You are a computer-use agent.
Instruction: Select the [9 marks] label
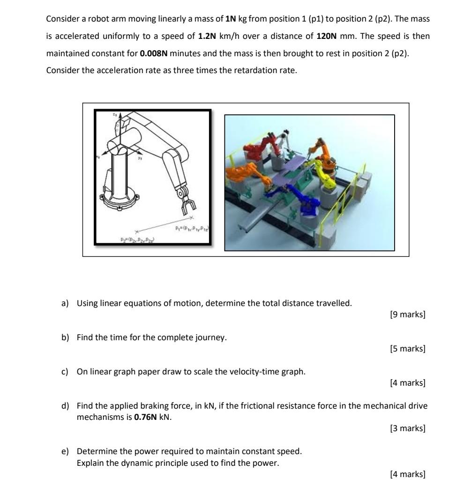coord(407,314)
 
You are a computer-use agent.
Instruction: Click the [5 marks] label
coord(407,349)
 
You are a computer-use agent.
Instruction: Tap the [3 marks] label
coord(407,428)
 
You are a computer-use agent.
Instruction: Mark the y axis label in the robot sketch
coord(140,158)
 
